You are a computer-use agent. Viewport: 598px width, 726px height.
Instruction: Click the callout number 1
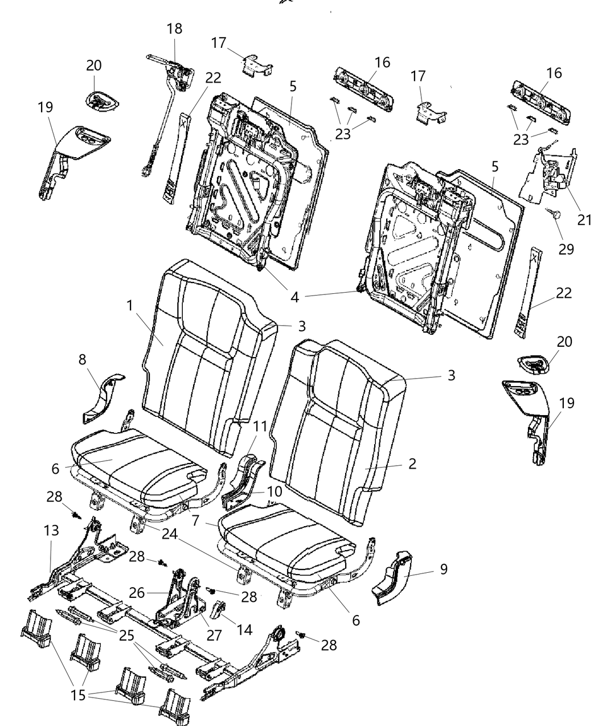(130, 305)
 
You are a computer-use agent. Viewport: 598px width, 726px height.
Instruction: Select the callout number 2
(412, 463)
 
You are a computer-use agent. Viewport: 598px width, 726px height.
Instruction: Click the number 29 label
(566, 249)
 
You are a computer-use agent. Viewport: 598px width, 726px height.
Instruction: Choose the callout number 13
(51, 531)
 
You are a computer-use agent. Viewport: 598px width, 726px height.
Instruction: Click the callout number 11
(260, 425)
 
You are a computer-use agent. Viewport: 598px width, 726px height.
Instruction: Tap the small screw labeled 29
(555, 215)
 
